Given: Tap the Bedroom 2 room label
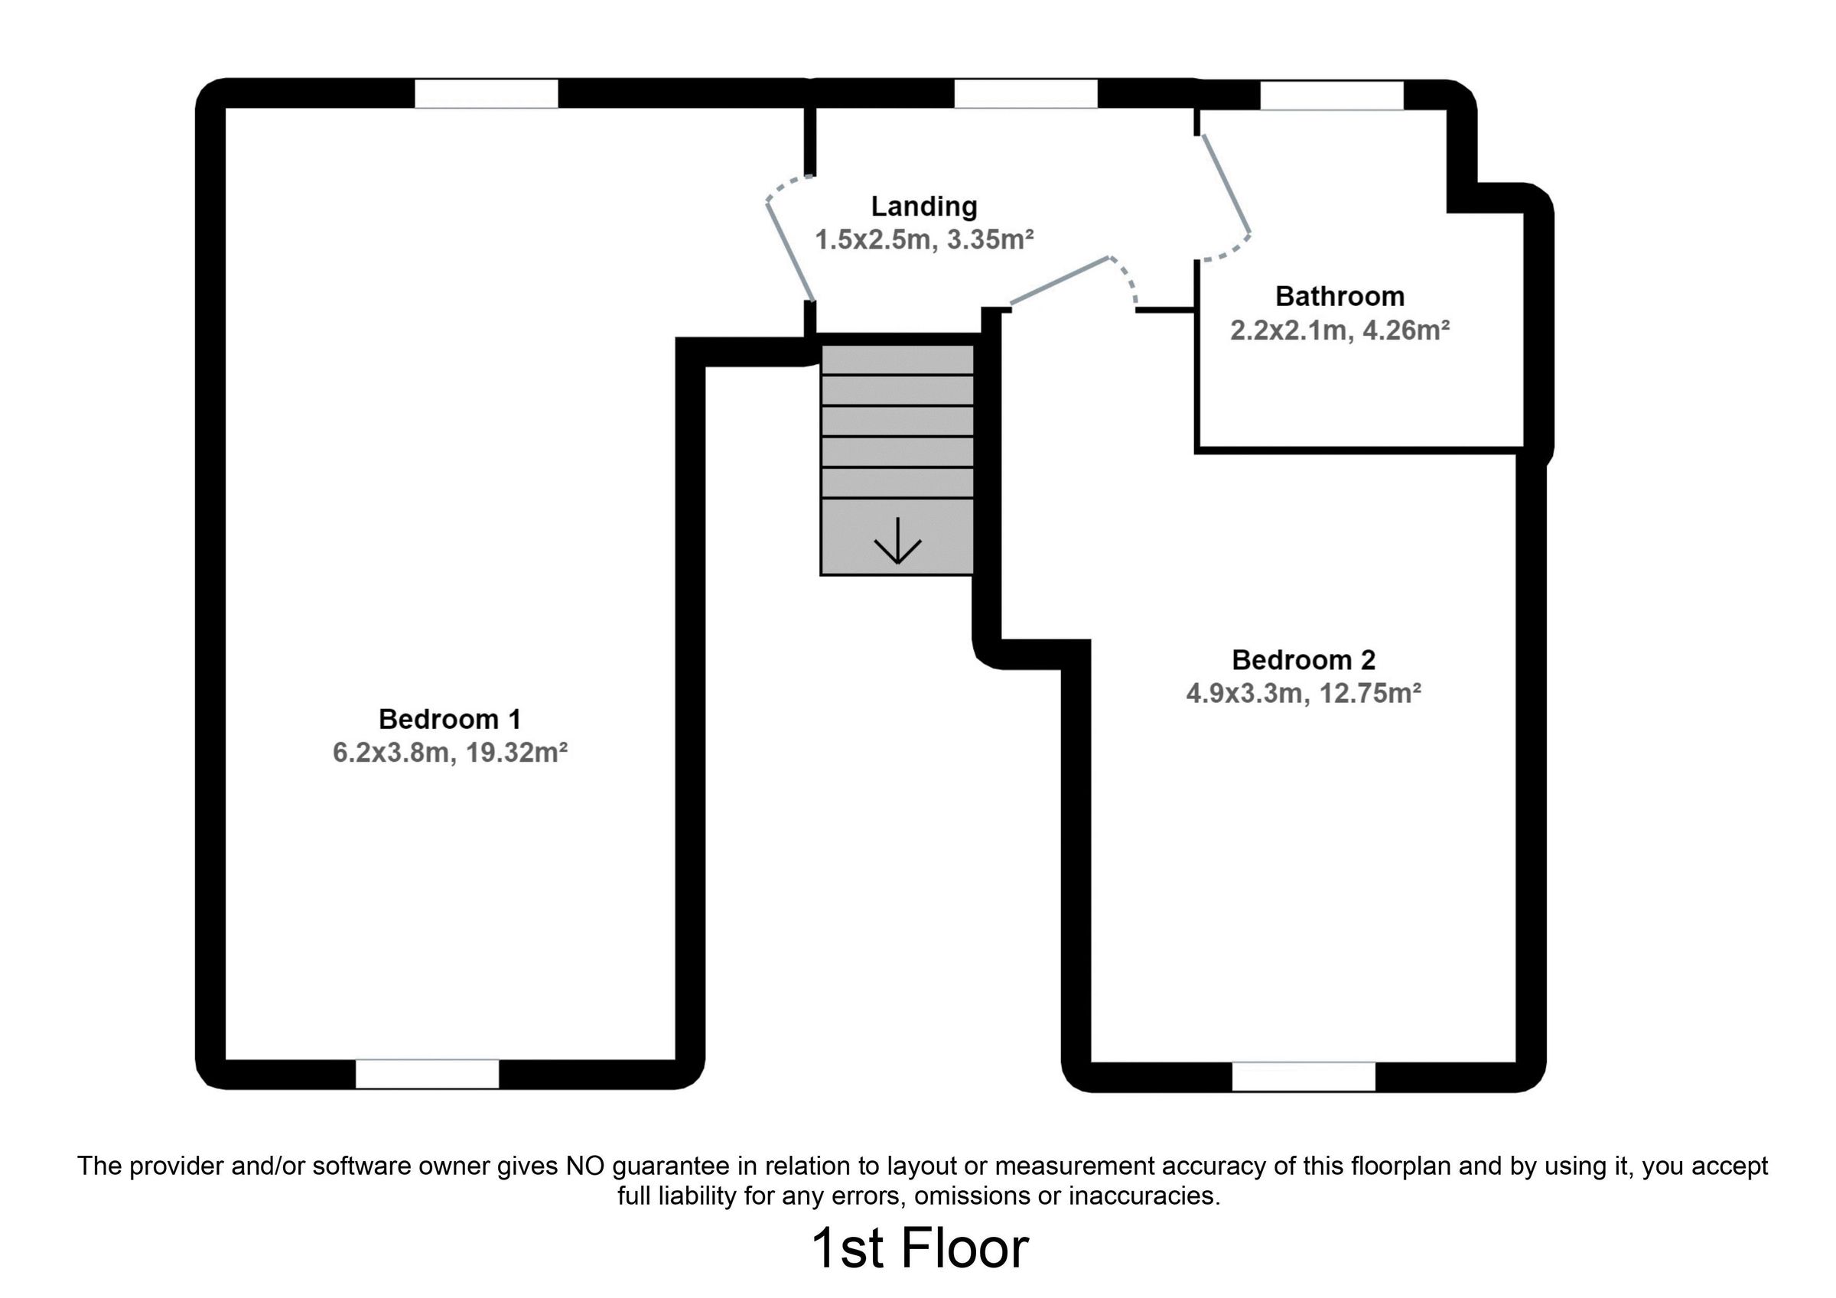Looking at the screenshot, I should point(1304,660).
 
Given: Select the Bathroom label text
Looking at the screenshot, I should point(1340,296).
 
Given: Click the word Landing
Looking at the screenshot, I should point(923,207).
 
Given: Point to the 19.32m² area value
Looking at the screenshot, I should point(516,753).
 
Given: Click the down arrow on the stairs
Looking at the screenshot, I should point(897,542).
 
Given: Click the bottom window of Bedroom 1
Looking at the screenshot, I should point(427,1074).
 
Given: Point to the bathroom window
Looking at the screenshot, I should point(1331,95).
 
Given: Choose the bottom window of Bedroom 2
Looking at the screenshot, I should point(1304,1076).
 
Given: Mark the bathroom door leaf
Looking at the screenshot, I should point(1226,183).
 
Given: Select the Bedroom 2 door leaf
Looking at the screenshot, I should point(1060,281).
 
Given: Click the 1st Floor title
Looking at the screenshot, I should point(920,1248).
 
